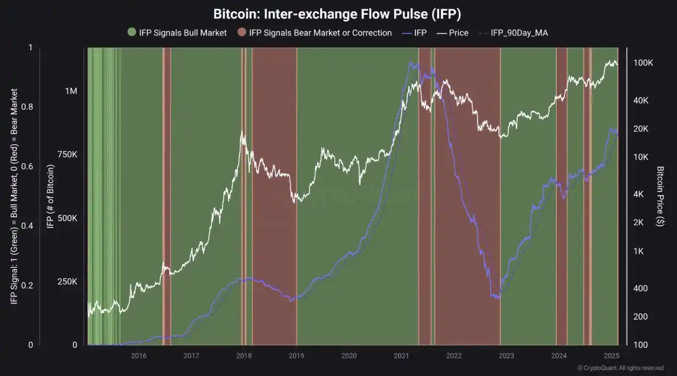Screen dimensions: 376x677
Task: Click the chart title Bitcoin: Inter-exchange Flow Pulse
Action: (x=338, y=13)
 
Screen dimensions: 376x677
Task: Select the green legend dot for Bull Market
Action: (x=131, y=33)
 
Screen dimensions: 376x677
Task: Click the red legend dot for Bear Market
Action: (x=241, y=33)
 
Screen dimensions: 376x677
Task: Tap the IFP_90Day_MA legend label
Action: (x=519, y=33)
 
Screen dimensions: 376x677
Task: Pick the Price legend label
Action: (x=459, y=33)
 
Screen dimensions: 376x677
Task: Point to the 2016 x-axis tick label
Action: (x=139, y=355)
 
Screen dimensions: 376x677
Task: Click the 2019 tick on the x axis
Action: (x=296, y=355)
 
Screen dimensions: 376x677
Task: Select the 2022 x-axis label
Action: (x=454, y=355)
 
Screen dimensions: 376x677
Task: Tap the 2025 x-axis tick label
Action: (x=611, y=355)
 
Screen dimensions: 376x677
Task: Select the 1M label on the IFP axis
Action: (x=71, y=92)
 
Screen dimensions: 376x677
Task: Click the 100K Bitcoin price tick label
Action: (x=643, y=63)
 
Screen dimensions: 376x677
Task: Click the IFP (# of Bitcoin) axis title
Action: (x=50, y=196)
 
